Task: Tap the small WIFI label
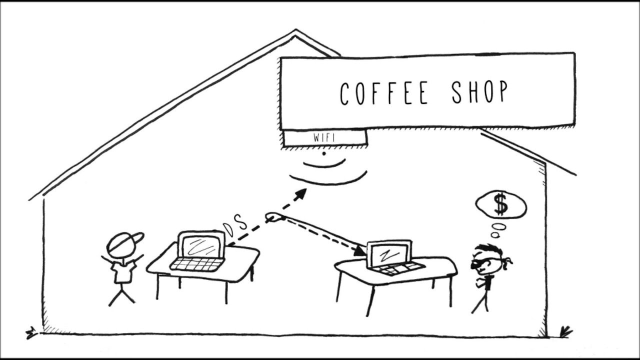pos(324,137)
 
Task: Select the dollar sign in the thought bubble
pos(500,204)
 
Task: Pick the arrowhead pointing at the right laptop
pos(360,250)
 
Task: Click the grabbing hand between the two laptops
pos(274,217)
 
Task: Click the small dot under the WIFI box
pos(324,153)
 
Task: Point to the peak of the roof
pos(295,32)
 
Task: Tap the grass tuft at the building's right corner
pos(565,331)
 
